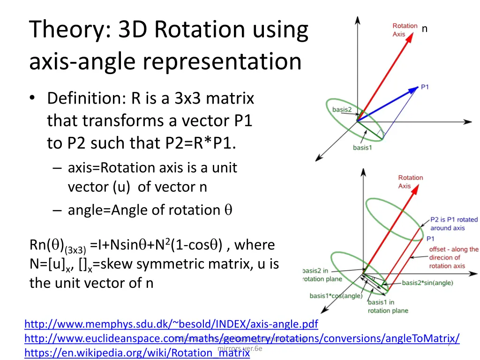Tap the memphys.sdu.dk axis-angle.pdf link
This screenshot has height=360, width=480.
171,324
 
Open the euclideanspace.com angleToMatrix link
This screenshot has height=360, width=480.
241,338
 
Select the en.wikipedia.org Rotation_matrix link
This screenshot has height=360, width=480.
137,353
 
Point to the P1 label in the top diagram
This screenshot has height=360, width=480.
425,87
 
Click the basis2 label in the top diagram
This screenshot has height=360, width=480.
342,110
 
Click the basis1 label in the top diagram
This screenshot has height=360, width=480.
362,148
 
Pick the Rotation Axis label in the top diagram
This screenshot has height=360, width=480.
405,30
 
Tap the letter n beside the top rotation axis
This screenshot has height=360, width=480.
425,29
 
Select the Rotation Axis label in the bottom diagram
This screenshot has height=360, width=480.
410,182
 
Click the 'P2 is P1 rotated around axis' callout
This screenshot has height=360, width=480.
453,224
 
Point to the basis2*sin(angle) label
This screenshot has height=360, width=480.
427,283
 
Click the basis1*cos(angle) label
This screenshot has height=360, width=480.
336,296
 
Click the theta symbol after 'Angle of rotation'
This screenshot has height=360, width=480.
227,210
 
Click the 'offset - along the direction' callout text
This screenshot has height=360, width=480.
453,257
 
